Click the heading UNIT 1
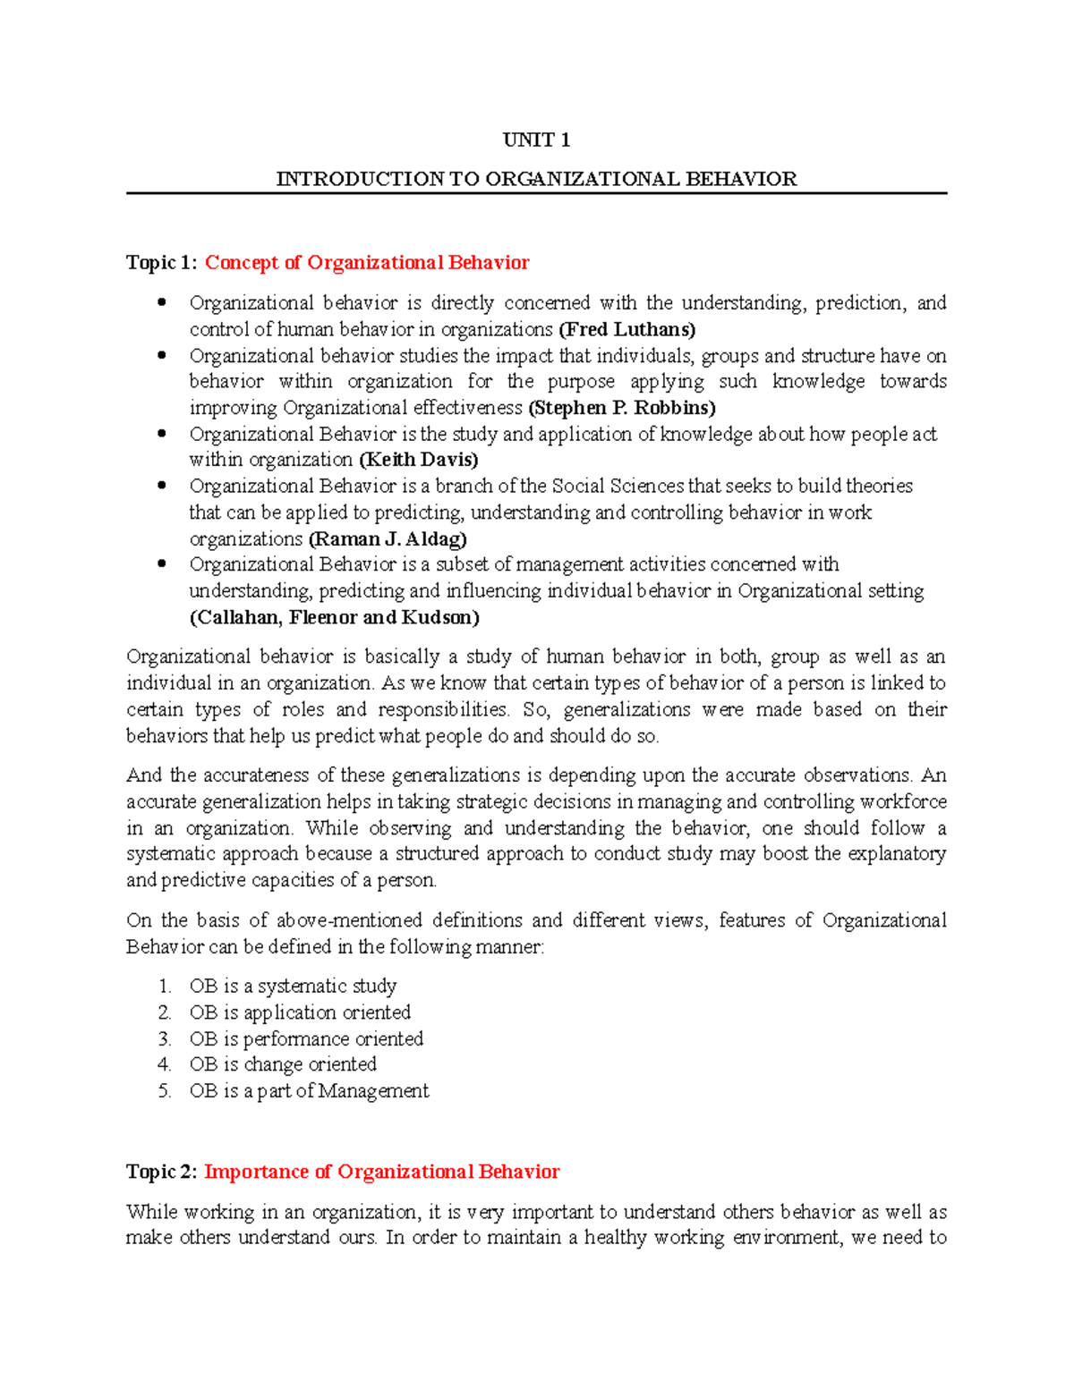[536, 140]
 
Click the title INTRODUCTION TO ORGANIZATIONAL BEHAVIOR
[536, 179]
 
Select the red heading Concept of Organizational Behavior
[367, 263]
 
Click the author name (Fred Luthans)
[626, 329]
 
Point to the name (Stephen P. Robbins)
[622, 408]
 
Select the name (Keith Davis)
[418, 460]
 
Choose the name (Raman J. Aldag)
[388, 539]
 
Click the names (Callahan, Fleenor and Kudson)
[334, 618]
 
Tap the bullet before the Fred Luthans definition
[162, 302]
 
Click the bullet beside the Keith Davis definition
[162, 434]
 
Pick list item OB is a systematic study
[293, 987]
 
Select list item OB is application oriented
[300, 1012]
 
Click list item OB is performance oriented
[306, 1039]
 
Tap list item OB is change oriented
[283, 1064]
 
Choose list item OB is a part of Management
[309, 1091]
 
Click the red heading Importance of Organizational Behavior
[381, 1173]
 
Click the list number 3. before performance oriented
[165, 1039]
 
